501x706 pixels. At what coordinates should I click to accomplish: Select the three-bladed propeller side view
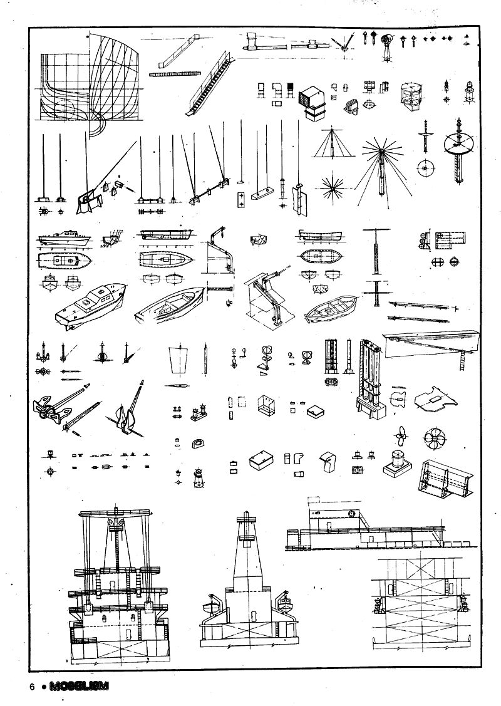401,432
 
